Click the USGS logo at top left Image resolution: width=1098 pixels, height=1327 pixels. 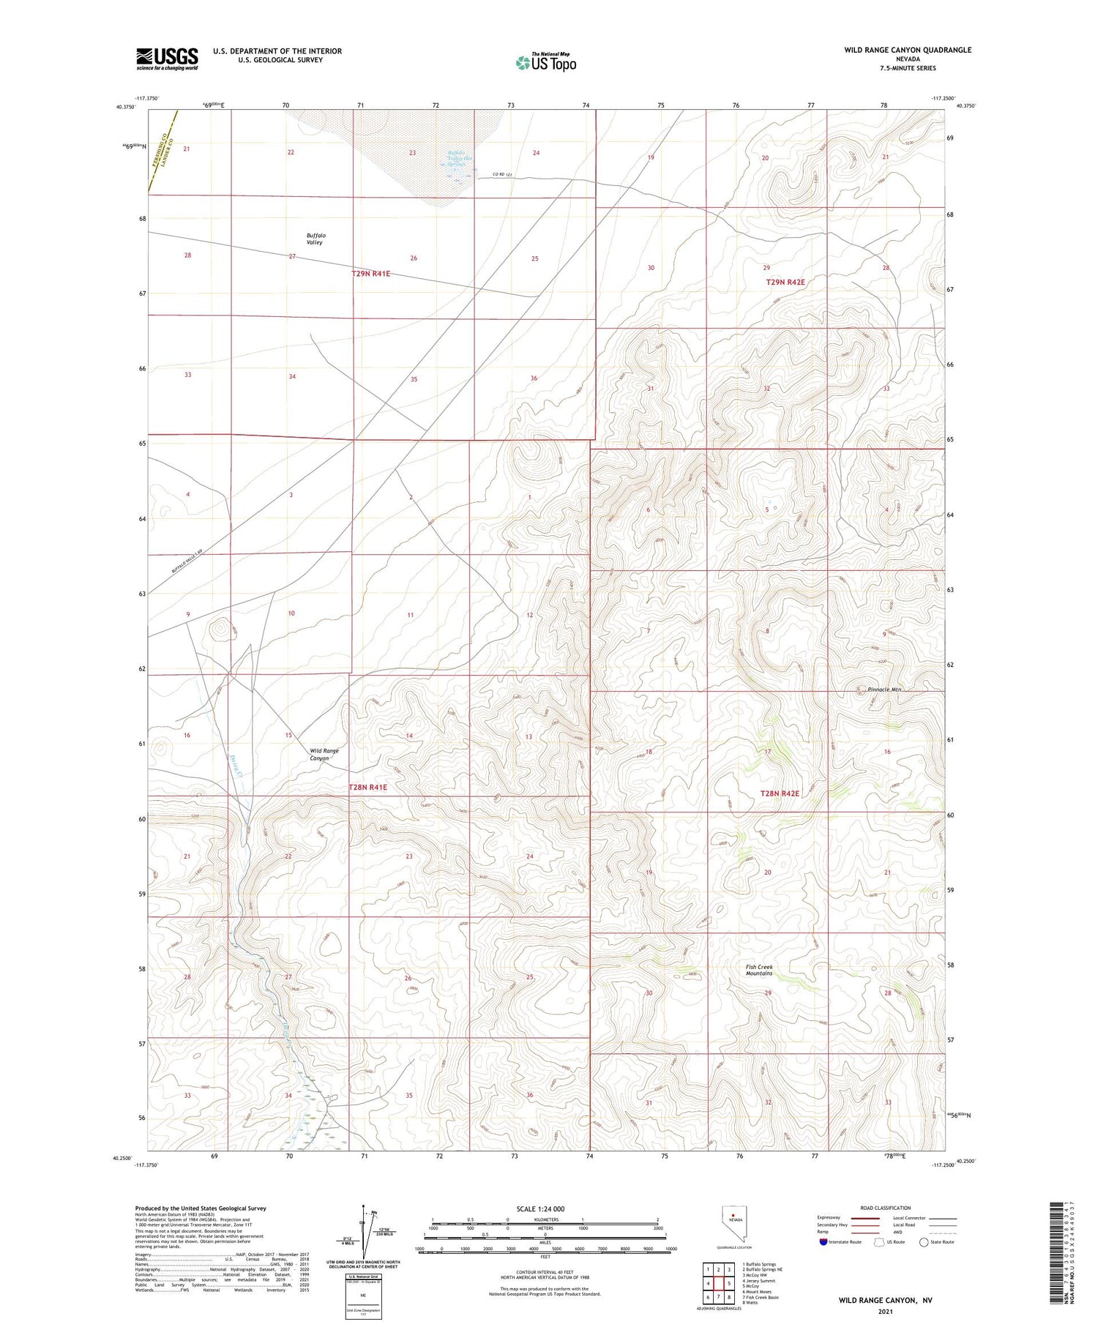click(167, 59)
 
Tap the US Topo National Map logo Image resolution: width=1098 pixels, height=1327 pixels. click(545, 62)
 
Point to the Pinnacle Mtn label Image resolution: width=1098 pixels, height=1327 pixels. click(884, 689)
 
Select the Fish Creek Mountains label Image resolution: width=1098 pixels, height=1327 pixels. click(759, 970)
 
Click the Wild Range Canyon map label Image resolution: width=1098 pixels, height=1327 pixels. click(324, 755)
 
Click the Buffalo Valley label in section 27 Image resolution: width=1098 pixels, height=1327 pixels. click(315, 239)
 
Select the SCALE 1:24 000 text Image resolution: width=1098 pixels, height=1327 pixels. click(539, 1209)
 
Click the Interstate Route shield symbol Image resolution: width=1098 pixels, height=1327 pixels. click(824, 1242)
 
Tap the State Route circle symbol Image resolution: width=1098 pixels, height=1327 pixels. click(924, 1242)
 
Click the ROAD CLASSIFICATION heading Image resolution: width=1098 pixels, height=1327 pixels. click(886, 1208)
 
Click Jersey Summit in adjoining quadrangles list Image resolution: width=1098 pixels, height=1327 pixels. click(760, 1281)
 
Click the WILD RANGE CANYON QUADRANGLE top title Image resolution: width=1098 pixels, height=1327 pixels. click(908, 50)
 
